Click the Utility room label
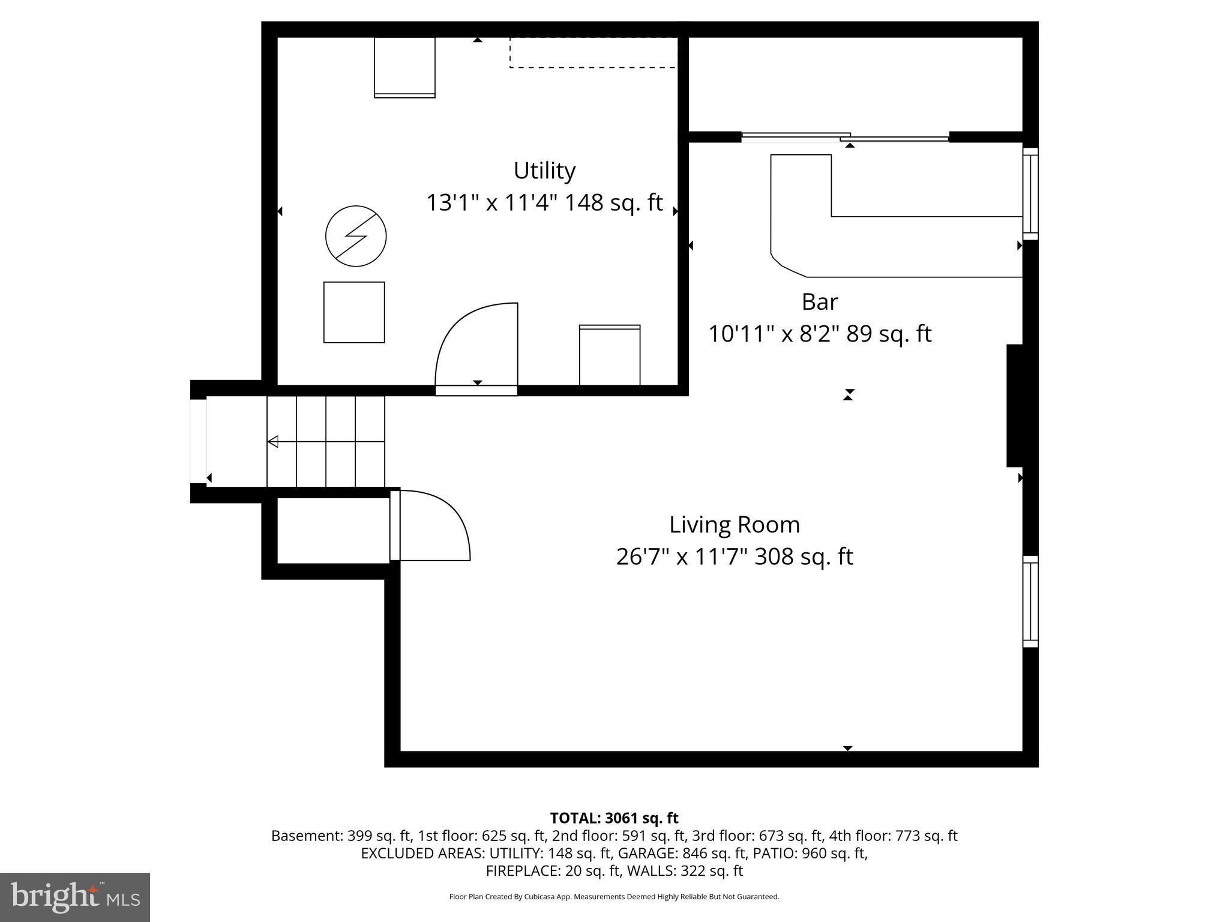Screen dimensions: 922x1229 [x=544, y=171]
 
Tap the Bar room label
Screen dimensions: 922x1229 [x=819, y=302]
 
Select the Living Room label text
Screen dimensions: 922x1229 [x=734, y=525]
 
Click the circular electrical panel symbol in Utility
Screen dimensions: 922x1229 [x=356, y=236]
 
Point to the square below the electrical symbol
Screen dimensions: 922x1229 [x=354, y=312]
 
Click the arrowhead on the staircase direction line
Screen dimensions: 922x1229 [x=273, y=442]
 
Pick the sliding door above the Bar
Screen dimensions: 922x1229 [x=845, y=137]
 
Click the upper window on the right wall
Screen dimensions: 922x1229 [x=1030, y=193]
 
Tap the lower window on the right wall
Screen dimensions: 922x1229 [x=1030, y=601]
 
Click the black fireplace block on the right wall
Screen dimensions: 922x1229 [x=1014, y=405]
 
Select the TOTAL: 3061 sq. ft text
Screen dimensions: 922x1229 [x=614, y=818]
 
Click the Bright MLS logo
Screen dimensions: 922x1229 [x=75, y=897]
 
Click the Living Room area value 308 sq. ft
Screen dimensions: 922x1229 [x=804, y=557]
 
